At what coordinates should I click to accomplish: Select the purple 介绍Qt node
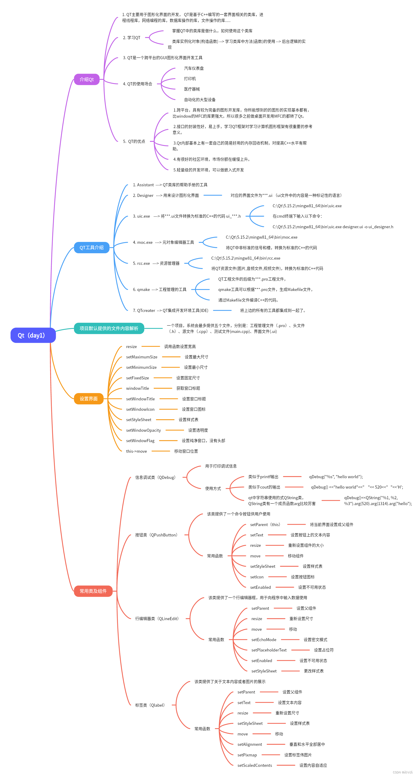coord(87,79)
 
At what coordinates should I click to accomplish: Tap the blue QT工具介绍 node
coord(91,247)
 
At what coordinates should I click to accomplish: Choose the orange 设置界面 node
coord(89,398)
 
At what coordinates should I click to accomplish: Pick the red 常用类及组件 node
coord(93,591)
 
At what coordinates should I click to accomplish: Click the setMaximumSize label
coord(142,357)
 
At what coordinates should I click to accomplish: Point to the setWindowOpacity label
coord(143,430)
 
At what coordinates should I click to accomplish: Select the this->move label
coord(137,451)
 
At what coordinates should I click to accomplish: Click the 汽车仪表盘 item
coord(194,68)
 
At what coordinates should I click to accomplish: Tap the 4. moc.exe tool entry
coord(163,242)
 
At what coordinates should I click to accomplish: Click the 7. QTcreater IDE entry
coord(170,311)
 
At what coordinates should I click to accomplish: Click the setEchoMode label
coord(264,639)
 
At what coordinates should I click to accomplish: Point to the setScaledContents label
coord(254,765)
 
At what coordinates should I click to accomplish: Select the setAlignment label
coord(250,744)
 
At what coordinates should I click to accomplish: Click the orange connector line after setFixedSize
coord(163,378)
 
